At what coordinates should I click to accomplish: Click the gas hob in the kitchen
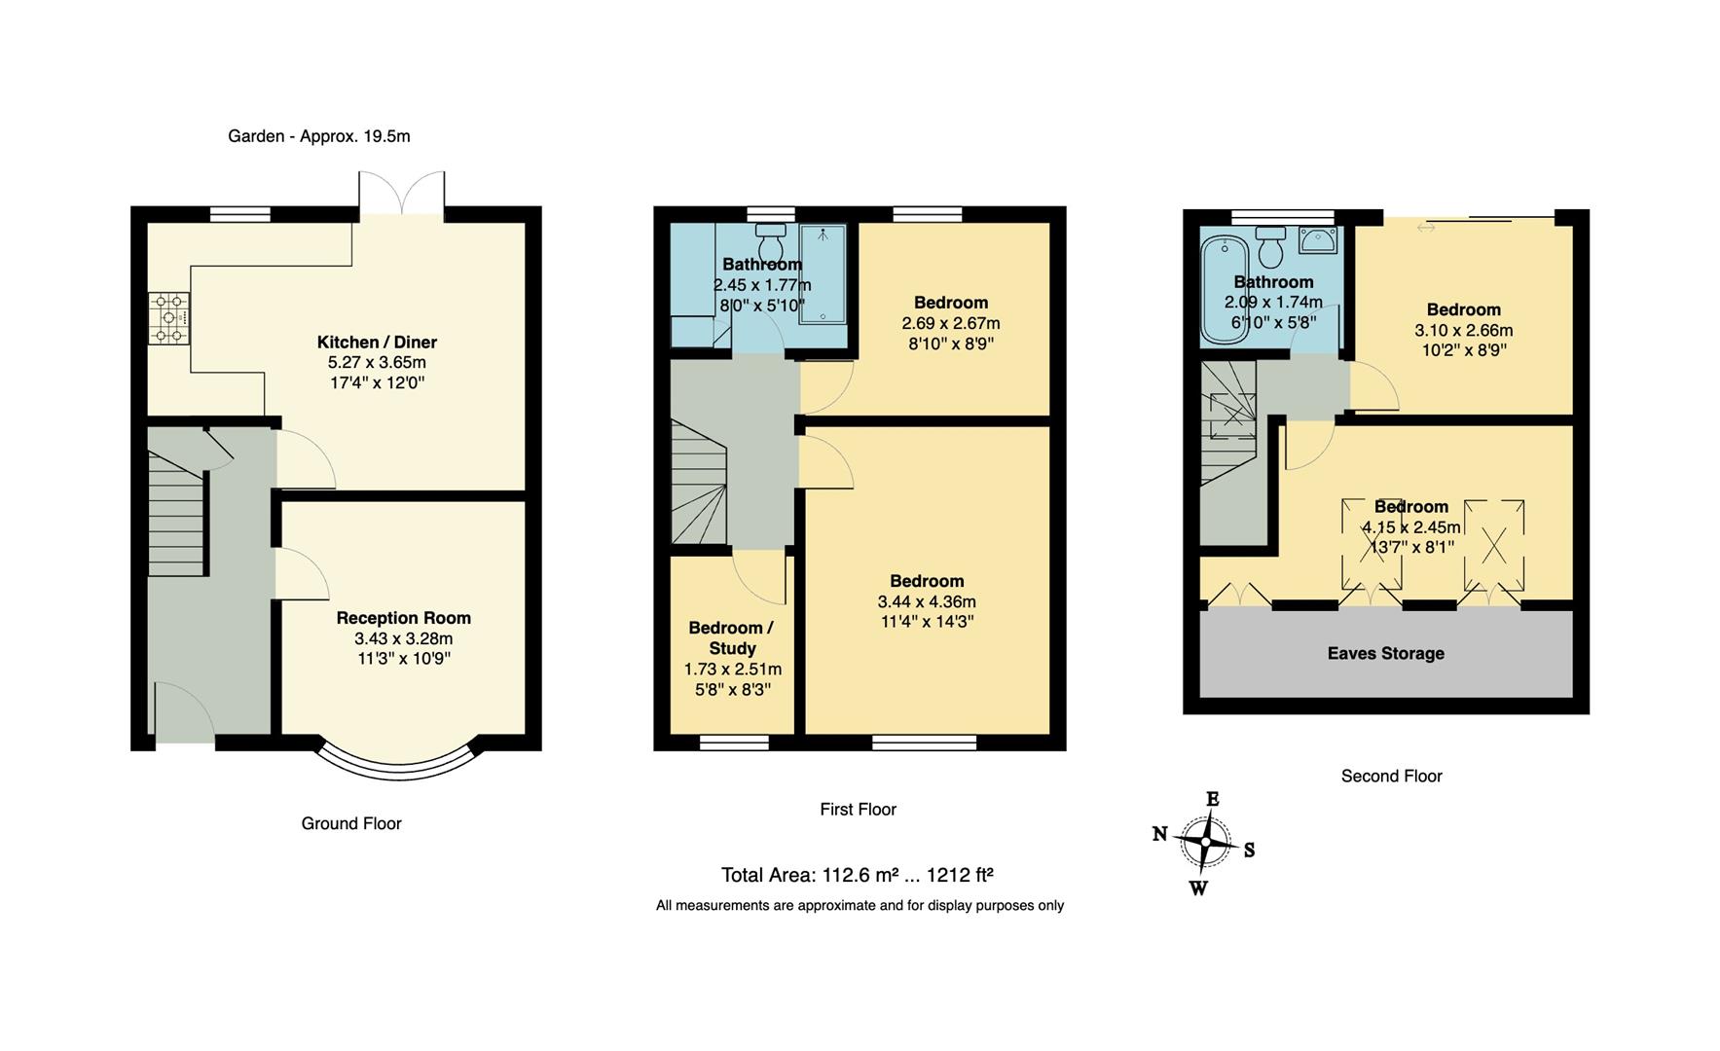pyautogui.click(x=170, y=318)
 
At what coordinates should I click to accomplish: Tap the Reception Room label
pyautogui.click(x=403, y=618)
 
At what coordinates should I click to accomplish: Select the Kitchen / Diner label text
pyautogui.click(x=377, y=343)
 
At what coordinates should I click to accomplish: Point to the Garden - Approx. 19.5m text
pyautogui.click(x=318, y=136)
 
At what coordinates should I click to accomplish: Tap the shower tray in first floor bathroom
pyautogui.click(x=823, y=273)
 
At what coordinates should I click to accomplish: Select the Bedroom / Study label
pyautogui.click(x=731, y=638)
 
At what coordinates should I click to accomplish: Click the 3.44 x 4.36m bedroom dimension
pyautogui.click(x=926, y=601)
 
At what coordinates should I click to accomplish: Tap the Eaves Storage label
pyautogui.click(x=1385, y=653)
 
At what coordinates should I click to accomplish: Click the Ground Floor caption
pyautogui.click(x=350, y=823)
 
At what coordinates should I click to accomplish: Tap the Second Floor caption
pyautogui.click(x=1391, y=776)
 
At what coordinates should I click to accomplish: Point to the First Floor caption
pyautogui.click(x=857, y=809)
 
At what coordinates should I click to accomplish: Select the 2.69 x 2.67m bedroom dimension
pyautogui.click(x=950, y=323)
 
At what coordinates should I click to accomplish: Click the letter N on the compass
pyautogui.click(x=1159, y=834)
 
